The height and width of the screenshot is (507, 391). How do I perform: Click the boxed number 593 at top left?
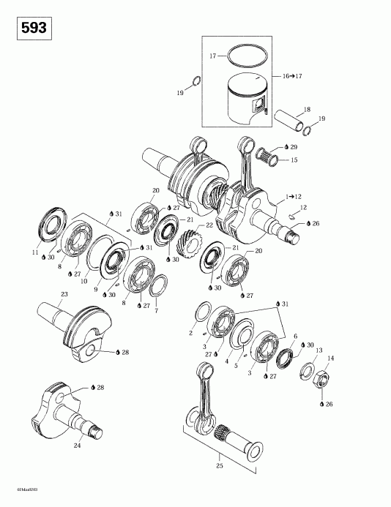[x=32, y=29]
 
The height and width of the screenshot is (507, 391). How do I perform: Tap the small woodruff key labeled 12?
[x=291, y=217]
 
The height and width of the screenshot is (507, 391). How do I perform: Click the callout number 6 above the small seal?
[x=294, y=337]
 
